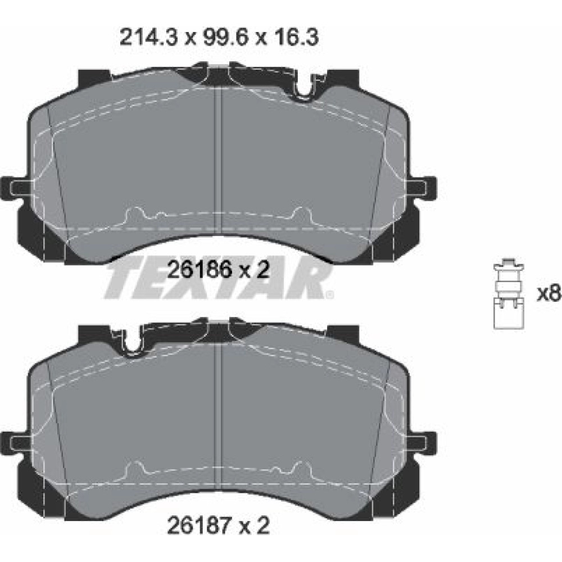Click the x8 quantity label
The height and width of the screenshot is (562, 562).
click(x=549, y=294)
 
